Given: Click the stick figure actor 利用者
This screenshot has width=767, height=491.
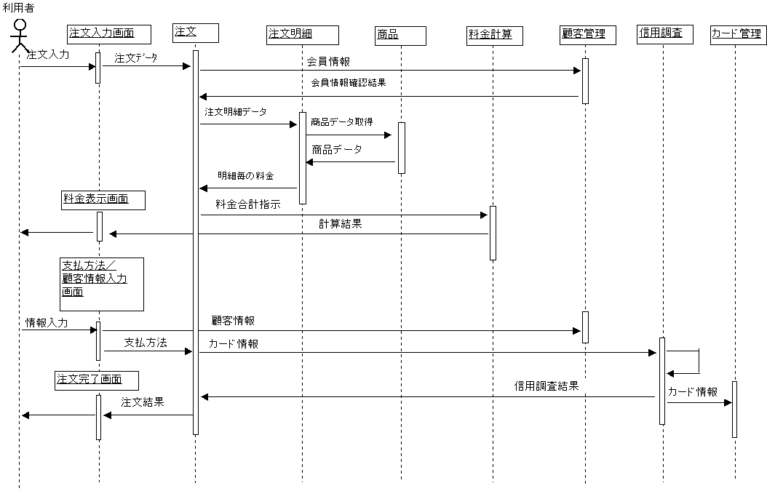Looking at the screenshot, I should [20, 36].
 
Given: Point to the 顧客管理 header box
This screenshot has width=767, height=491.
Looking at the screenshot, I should [588, 35].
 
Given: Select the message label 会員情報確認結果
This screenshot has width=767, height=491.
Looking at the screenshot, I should [352, 83].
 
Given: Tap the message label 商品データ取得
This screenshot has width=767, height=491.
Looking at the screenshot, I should [352, 122].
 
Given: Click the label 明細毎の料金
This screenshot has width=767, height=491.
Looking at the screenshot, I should [250, 176].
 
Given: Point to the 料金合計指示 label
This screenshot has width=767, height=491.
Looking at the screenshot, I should [253, 204].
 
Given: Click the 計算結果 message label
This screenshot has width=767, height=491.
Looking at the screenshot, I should [347, 224].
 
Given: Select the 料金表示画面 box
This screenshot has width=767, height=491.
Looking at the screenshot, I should [103, 200].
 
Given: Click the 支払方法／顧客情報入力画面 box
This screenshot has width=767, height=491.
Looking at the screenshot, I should [101, 284].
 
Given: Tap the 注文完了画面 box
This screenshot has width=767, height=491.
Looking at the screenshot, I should [97, 380].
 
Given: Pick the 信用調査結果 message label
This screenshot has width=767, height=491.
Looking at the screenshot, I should [553, 386].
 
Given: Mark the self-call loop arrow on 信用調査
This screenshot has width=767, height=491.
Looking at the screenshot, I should [687, 362].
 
